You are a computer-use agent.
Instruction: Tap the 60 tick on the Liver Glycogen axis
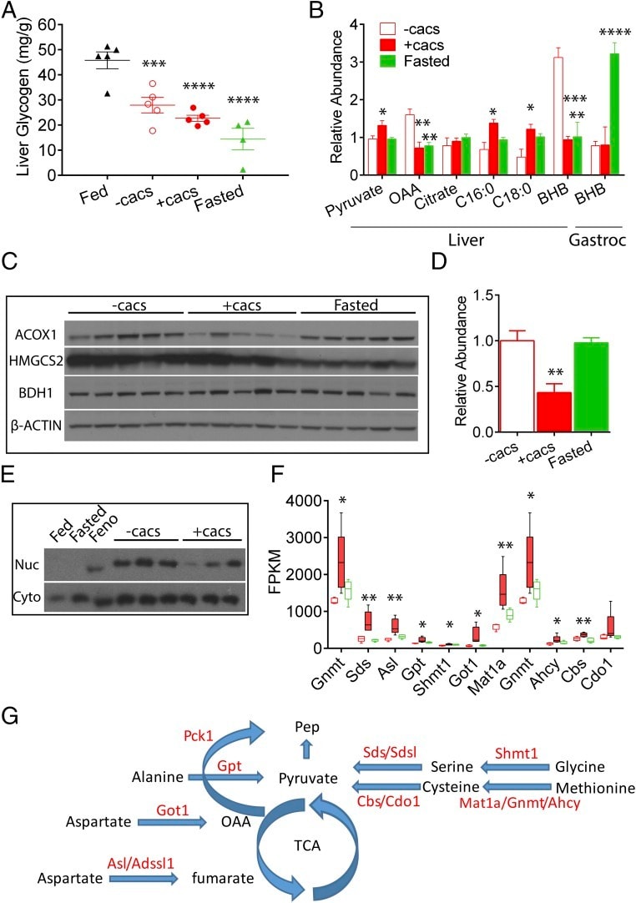[x=56, y=26]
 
